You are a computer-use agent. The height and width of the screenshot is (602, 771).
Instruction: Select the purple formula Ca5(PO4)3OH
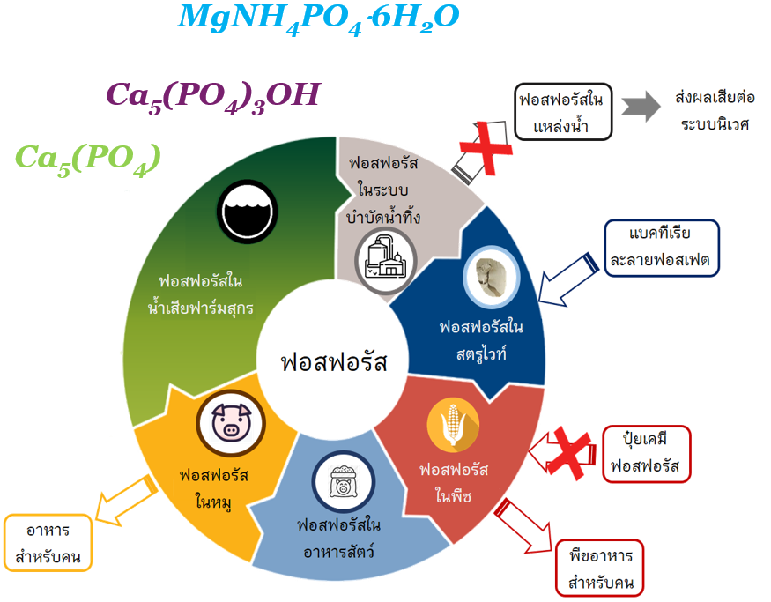click(x=212, y=94)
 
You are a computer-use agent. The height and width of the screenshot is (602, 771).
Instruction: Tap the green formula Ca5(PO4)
click(x=88, y=158)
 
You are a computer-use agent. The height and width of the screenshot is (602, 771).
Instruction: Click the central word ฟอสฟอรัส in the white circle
click(x=333, y=361)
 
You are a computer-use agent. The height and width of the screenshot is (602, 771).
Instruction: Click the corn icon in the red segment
click(x=454, y=424)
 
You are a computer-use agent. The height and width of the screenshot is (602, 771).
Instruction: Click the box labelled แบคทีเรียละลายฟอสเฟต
click(x=661, y=248)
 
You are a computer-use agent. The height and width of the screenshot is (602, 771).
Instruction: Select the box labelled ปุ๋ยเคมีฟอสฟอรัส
click(x=646, y=454)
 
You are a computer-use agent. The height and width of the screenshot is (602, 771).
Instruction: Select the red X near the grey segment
click(x=484, y=148)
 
